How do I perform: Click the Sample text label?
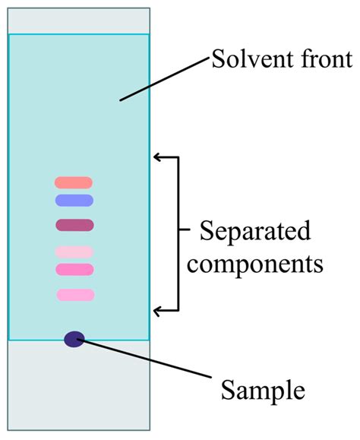click(263, 391)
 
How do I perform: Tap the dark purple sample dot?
click(74, 339)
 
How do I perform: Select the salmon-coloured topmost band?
click(74, 182)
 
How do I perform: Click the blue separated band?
click(74, 201)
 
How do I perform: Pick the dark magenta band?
click(74, 225)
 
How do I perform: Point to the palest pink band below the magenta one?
click(74, 252)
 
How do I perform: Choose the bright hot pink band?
click(74, 269)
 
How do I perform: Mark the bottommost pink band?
click(75, 295)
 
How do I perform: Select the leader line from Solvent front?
click(165, 79)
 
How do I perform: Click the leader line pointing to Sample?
click(144, 358)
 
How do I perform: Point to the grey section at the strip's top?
click(79, 21)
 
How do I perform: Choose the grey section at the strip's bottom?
click(79, 385)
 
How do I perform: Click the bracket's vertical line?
click(178, 234)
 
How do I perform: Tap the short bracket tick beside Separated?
click(185, 229)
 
